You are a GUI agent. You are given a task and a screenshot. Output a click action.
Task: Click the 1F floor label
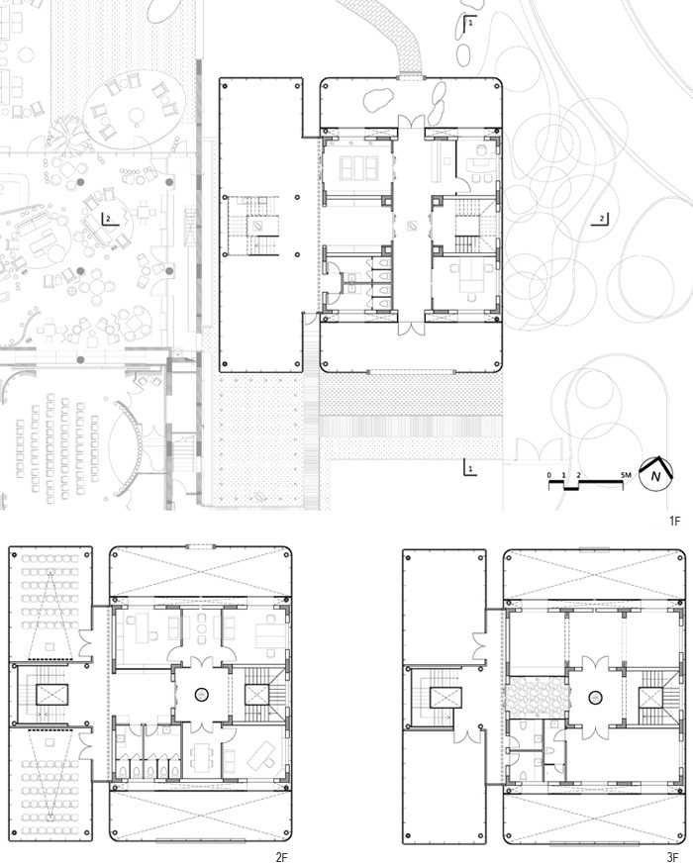675,521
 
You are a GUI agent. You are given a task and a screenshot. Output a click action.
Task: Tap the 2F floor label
281,857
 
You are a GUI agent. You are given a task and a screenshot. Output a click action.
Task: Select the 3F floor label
672,857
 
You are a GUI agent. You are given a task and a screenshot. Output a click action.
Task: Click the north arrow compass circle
655,475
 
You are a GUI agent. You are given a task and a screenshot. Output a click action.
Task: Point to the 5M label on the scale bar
626,475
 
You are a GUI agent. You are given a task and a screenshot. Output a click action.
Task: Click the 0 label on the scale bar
549,475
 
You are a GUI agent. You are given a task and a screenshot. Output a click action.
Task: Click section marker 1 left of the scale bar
469,468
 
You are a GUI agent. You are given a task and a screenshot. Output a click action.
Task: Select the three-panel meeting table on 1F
358,168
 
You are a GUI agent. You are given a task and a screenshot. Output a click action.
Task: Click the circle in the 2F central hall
201,695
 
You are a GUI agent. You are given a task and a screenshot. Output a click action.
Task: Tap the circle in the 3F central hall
595,698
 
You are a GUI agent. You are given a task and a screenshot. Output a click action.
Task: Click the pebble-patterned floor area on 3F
536,698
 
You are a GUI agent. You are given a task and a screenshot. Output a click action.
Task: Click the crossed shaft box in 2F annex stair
52,695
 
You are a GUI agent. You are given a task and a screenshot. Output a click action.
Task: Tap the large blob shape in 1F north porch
378,99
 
